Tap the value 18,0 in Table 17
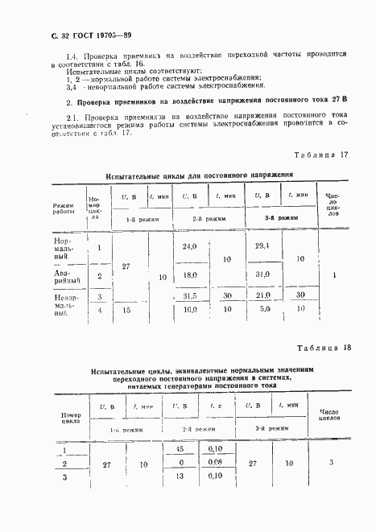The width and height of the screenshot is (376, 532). tap(190, 275)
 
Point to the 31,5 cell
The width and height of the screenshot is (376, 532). tap(190, 295)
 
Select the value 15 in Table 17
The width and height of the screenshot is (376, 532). tap(125, 308)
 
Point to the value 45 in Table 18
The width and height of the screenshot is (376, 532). tap(179, 450)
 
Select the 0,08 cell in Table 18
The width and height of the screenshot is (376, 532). tap(214, 463)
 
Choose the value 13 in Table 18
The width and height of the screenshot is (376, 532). tap(179, 476)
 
